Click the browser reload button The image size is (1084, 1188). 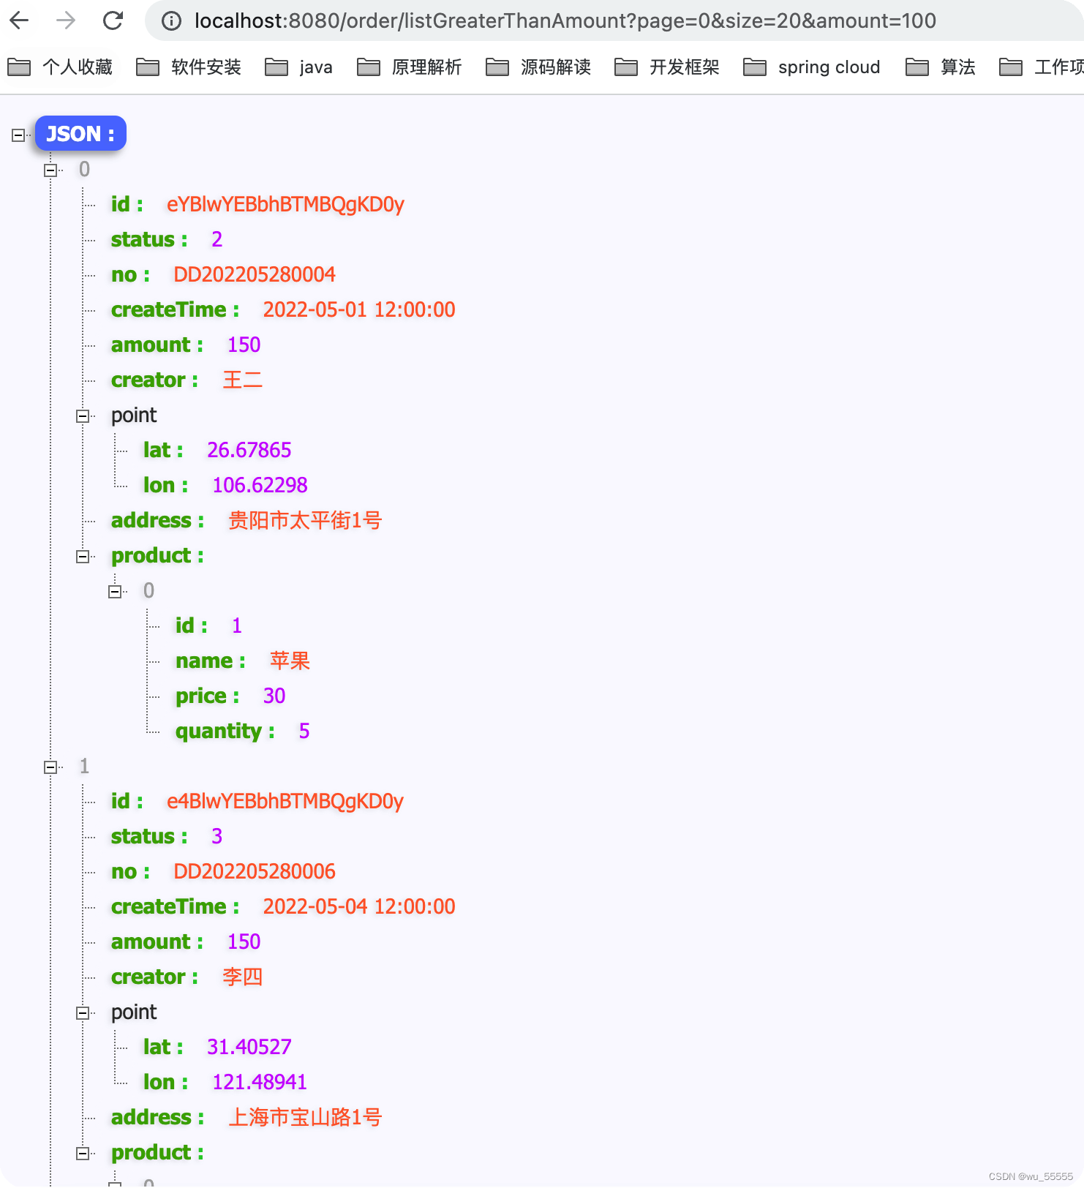113,20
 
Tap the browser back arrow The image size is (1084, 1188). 20,20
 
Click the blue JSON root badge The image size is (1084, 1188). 80,134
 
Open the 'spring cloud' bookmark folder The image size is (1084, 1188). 812,67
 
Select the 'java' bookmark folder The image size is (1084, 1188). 299,67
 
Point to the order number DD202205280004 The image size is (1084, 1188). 254,274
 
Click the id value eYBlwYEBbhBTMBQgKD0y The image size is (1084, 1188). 285,204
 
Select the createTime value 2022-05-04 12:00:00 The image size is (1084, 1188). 358,906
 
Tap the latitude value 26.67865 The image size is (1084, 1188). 249,450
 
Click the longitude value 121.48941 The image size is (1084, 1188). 259,1082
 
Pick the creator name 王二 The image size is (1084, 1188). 242,380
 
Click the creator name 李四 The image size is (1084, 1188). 242,977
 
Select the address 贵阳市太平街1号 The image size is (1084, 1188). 304,520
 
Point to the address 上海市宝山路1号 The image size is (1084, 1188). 304,1117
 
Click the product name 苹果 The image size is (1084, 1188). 290,661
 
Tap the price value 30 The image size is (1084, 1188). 274,696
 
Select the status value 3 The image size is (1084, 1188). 217,836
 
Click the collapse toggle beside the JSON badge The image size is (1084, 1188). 18,135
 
